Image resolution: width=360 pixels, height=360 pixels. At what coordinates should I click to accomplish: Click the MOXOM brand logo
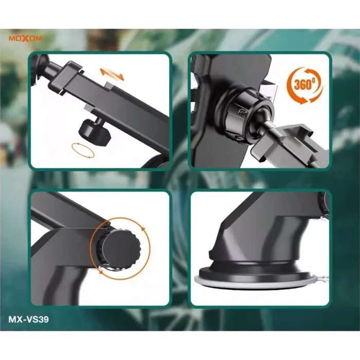26,39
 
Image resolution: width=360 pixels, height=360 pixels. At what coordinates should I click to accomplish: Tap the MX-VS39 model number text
29,319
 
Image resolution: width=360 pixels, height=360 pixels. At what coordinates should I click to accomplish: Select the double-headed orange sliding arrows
112,74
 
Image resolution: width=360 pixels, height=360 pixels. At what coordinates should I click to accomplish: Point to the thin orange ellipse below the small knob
83,150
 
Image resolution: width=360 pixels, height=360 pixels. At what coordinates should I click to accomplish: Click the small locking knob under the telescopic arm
95,132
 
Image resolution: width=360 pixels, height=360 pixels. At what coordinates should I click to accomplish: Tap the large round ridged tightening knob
119,248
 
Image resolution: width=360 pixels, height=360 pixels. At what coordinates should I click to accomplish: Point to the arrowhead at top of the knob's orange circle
143,229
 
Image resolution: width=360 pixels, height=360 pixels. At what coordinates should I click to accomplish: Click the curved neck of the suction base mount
276,237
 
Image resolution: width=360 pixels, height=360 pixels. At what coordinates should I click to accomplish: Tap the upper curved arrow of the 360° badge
303,72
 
